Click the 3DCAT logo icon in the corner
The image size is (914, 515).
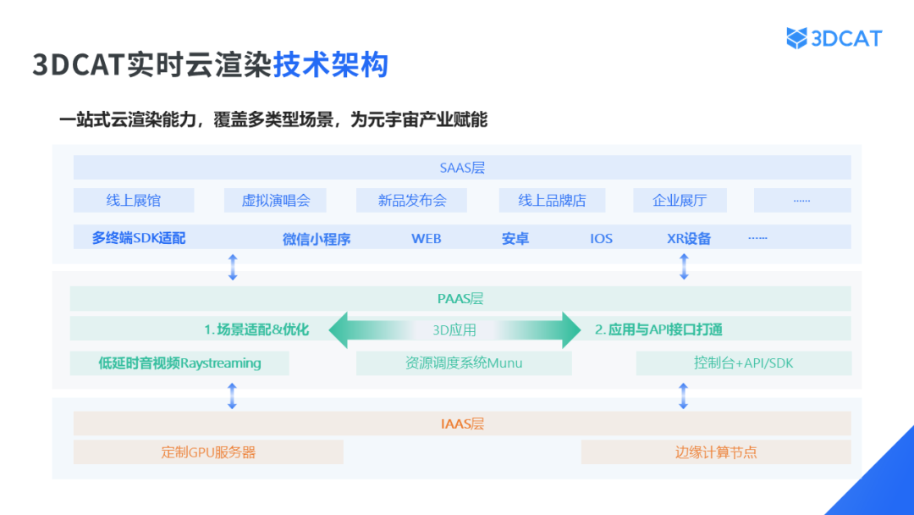(x=796, y=38)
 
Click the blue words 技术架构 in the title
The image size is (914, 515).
(x=330, y=65)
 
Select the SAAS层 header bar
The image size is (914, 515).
(x=462, y=168)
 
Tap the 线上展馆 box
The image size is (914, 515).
(x=134, y=201)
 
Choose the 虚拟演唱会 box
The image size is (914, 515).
(x=276, y=201)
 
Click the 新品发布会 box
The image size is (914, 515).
(x=412, y=201)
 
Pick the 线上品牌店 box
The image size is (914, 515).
(x=553, y=201)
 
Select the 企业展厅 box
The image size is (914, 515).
(x=680, y=201)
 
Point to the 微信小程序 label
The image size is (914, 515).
(x=317, y=239)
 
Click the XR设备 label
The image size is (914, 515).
(x=689, y=239)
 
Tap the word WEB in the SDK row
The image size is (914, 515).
(x=427, y=239)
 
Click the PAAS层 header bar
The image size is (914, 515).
(x=462, y=298)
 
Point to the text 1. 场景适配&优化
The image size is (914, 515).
(x=256, y=329)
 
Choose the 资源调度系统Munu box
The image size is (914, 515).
(x=464, y=363)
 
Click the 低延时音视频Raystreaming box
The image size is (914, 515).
(x=179, y=363)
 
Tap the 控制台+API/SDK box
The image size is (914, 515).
(x=743, y=363)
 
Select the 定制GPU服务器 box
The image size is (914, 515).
(x=208, y=451)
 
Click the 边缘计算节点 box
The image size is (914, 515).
(x=716, y=451)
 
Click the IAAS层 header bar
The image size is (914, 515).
(x=462, y=424)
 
